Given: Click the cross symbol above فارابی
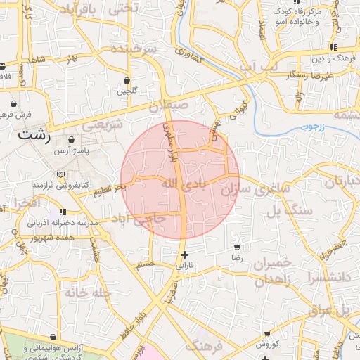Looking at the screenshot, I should [x=184, y=255].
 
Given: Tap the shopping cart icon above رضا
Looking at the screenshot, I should [x=237, y=247].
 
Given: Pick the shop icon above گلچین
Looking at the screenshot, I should [x=127, y=80].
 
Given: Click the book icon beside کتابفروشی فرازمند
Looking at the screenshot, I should [x=60, y=174].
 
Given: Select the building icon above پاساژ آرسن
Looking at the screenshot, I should [x=72, y=141].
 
